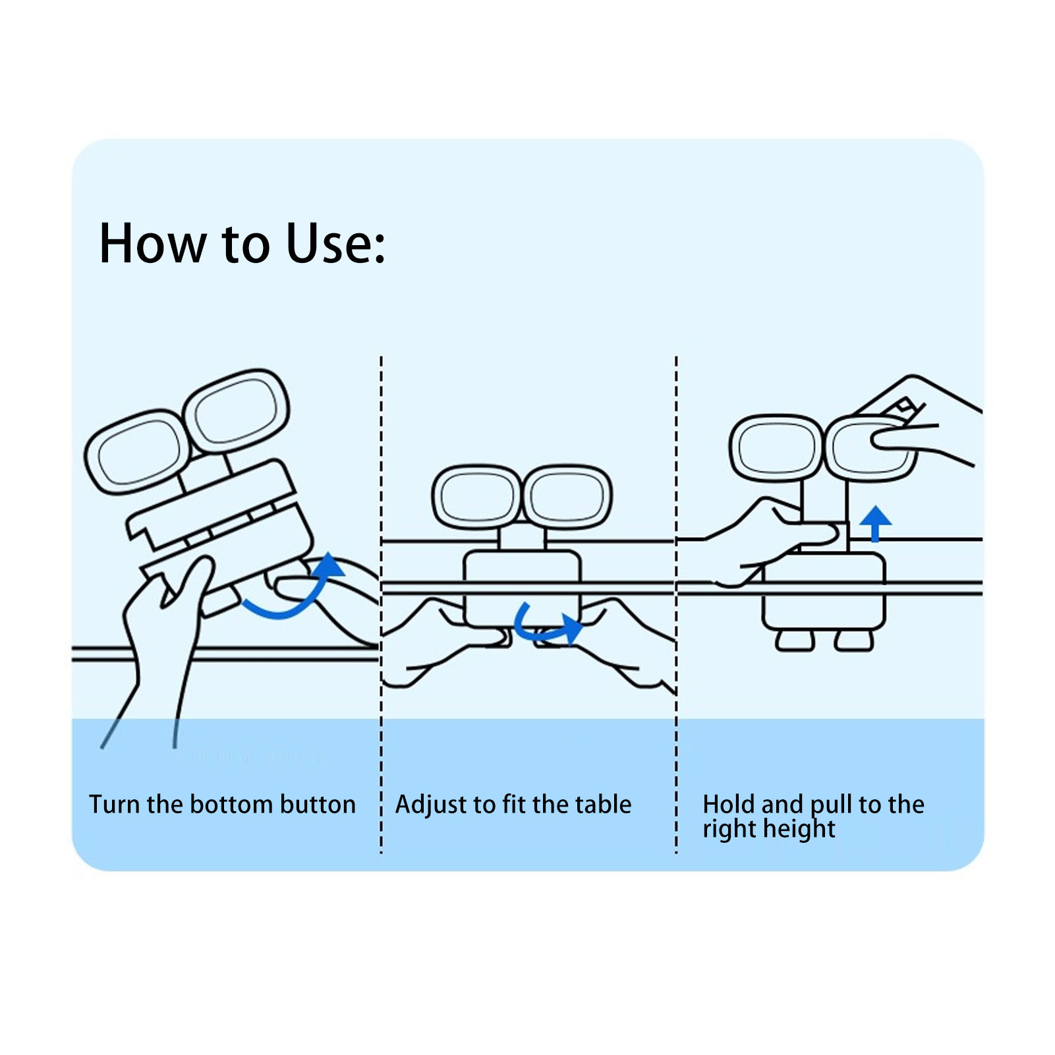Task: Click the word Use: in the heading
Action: click(335, 243)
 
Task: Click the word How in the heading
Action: click(153, 243)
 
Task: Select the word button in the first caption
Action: click(318, 805)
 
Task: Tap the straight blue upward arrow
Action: click(876, 524)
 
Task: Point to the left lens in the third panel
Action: click(777, 448)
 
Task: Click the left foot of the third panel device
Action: click(795, 641)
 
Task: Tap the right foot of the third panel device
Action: click(854, 641)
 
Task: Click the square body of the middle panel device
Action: click(523, 588)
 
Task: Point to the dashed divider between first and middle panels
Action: click(381, 605)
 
